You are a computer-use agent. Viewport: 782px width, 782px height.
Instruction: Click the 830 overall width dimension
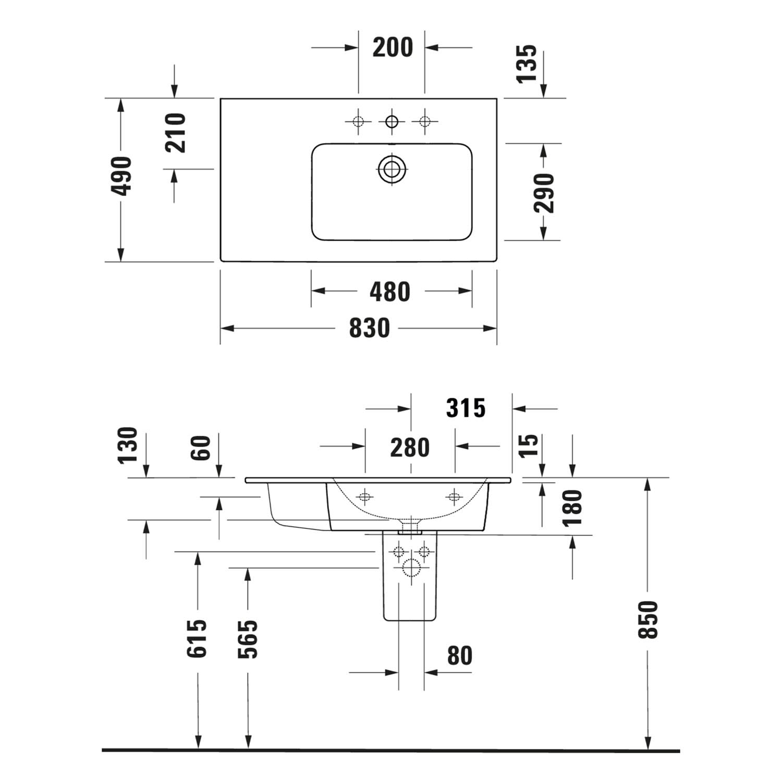[x=369, y=328]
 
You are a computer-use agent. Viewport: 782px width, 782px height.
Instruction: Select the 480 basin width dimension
[x=390, y=292]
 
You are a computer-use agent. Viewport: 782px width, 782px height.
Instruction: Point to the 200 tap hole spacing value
[x=393, y=47]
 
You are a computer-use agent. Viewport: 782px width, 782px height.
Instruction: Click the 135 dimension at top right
[x=527, y=64]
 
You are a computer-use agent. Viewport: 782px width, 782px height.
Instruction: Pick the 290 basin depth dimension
[x=544, y=193]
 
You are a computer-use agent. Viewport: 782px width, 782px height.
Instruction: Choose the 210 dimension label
[x=176, y=133]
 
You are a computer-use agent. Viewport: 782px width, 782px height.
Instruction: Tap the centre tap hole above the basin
[x=392, y=122]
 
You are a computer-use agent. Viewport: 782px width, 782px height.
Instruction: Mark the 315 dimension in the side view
[x=466, y=408]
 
